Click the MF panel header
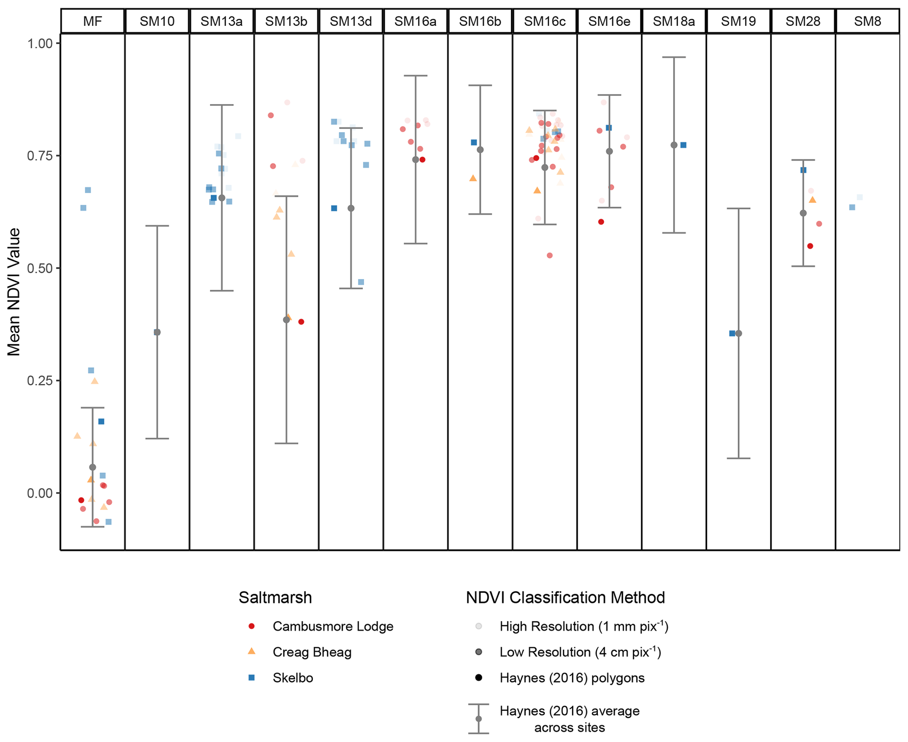tap(92, 21)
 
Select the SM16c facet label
tap(544, 21)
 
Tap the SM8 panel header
tap(867, 21)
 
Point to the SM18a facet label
tap(673, 21)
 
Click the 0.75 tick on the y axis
tap(40, 156)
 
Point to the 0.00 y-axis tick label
tap(40, 493)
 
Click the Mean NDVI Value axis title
tap(14, 292)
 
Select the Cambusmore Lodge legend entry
tap(333, 626)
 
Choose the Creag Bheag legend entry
tap(312, 652)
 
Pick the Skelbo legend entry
tap(293, 678)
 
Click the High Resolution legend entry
tap(583, 626)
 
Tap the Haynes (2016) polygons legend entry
tap(572, 678)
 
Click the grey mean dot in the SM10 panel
tap(157, 332)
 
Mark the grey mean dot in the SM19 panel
tap(739, 334)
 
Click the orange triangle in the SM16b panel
tap(473, 178)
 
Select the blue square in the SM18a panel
tap(684, 145)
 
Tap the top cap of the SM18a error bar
tap(674, 57)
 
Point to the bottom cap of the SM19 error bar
tap(738, 458)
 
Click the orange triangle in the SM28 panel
tap(813, 200)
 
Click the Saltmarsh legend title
tap(275, 598)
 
